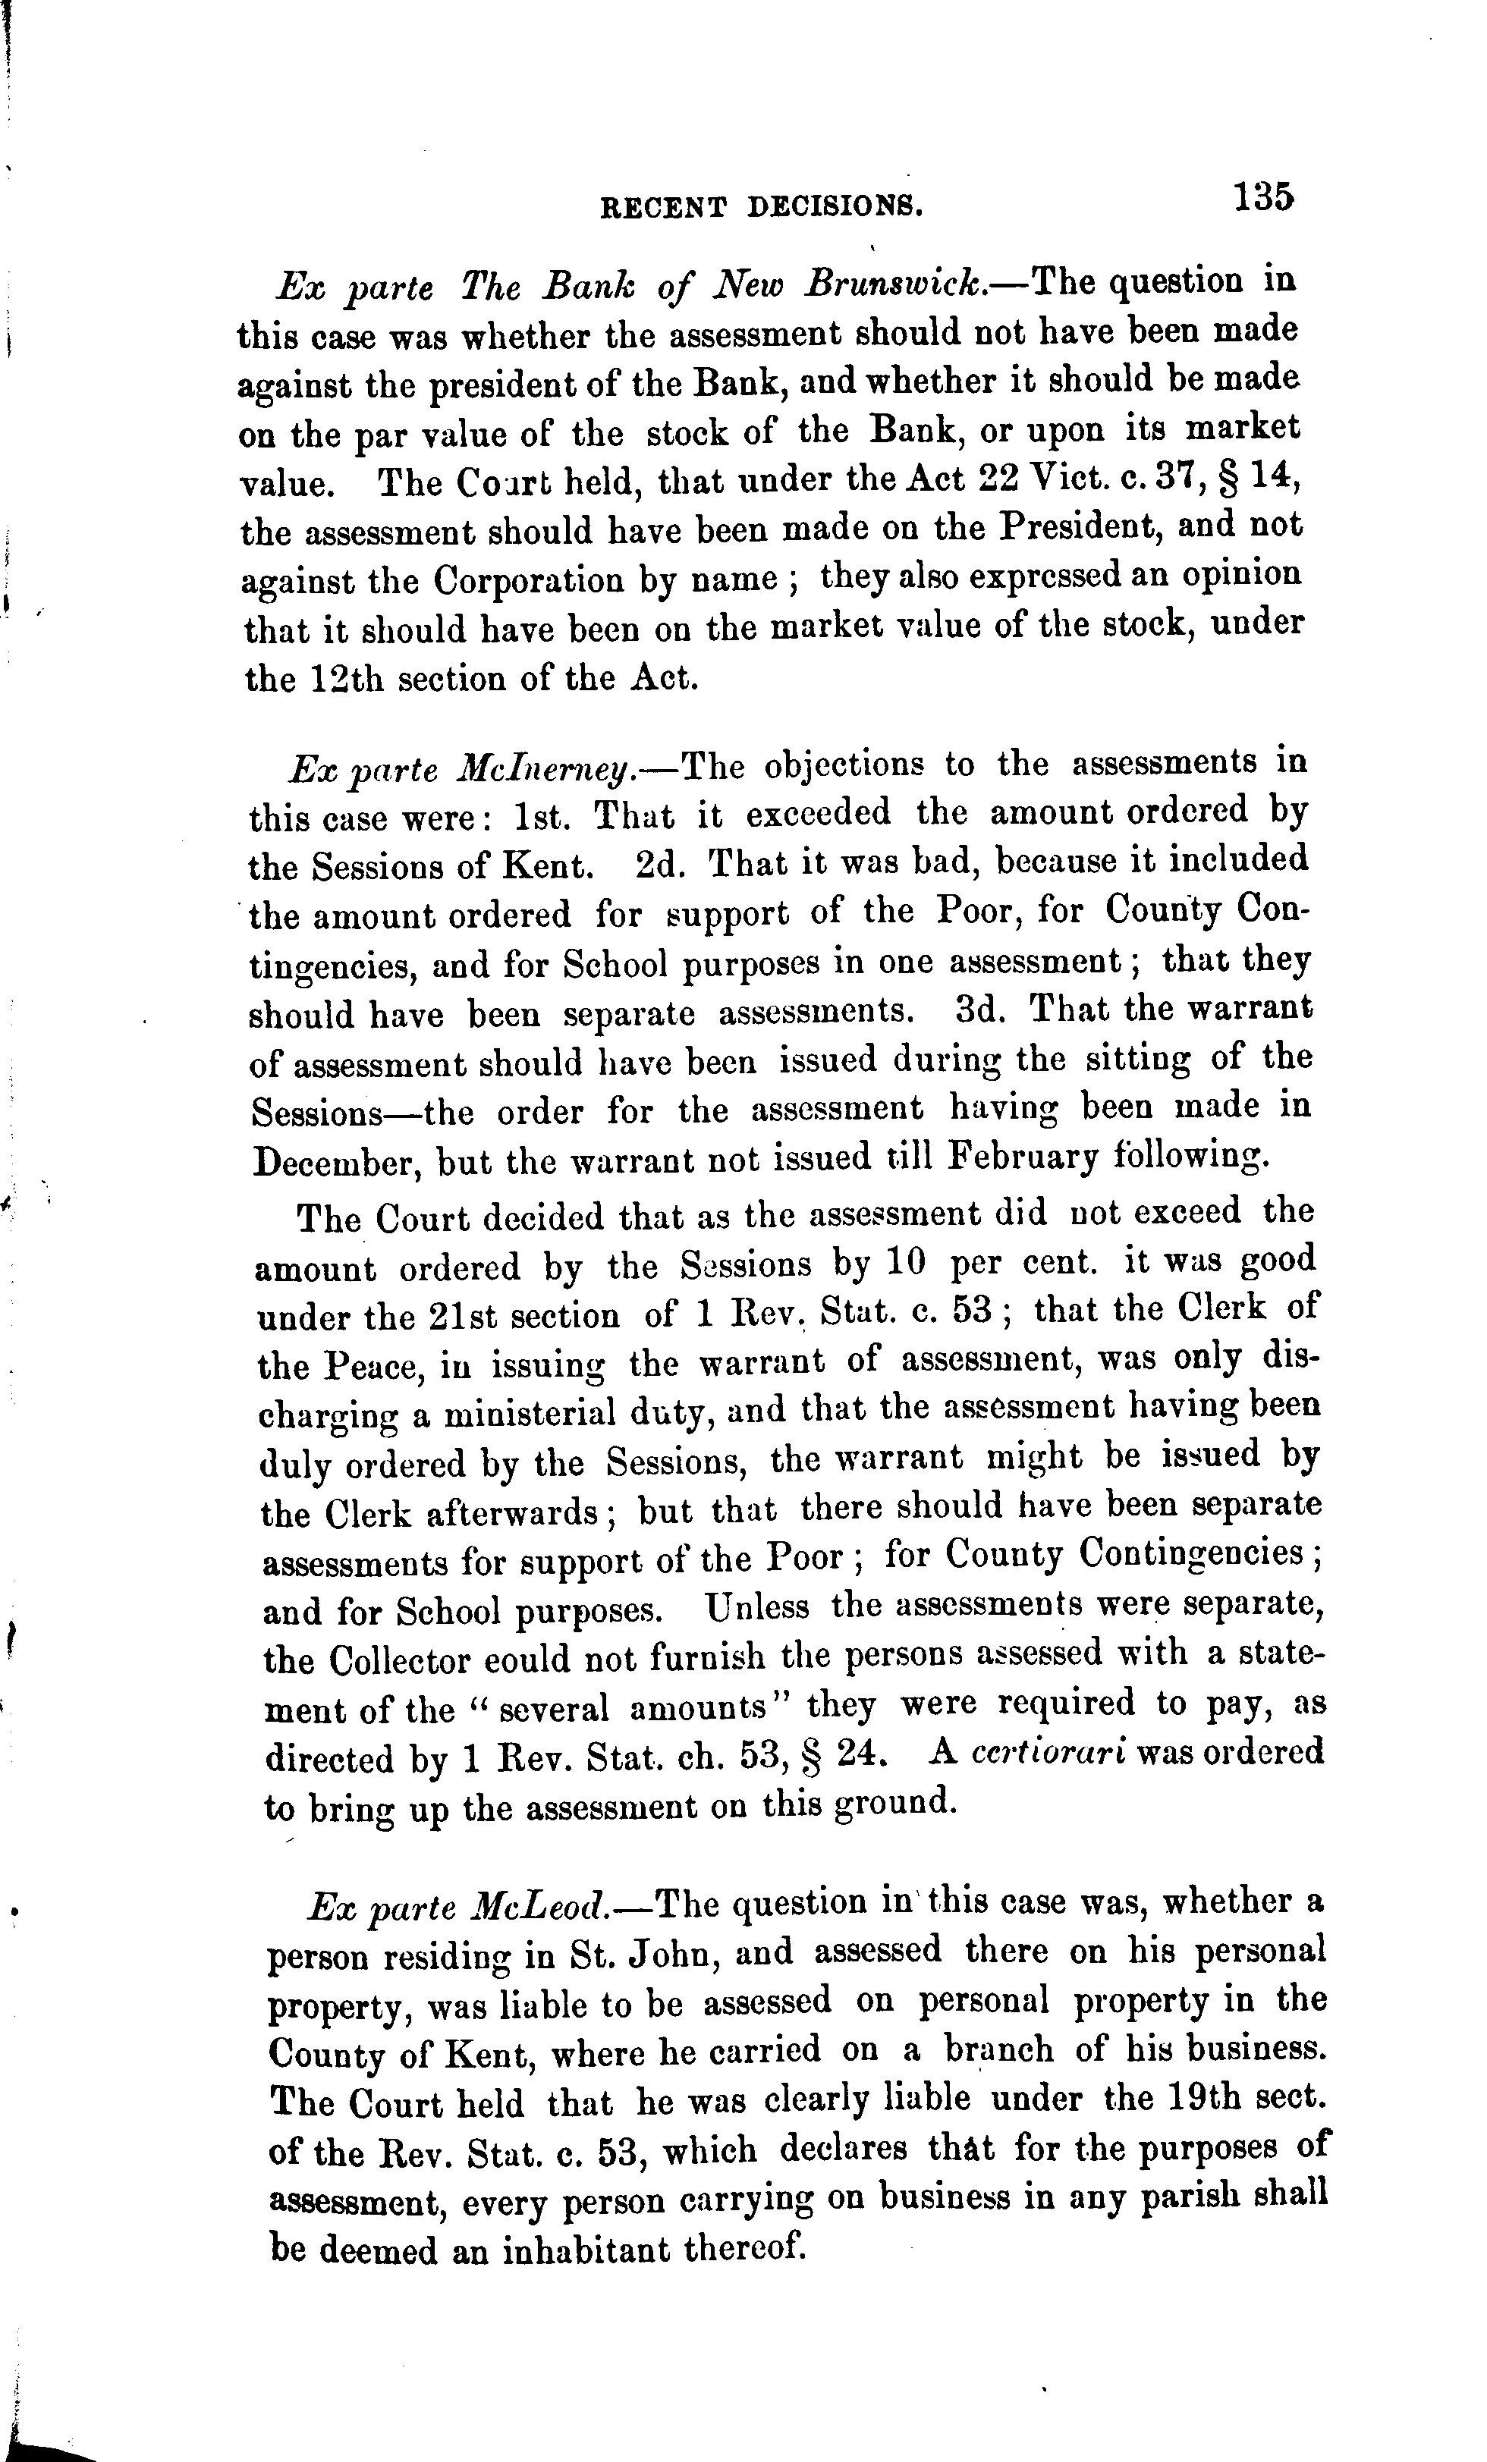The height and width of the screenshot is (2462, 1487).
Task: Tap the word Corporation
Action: (527, 580)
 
